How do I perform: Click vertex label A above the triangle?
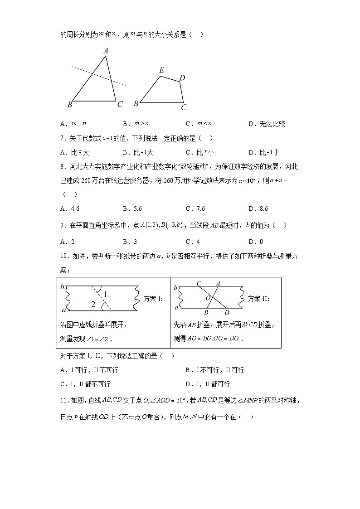[x=106, y=51]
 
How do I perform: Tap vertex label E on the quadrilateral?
[x=161, y=70]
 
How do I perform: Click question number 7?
[x=63, y=138]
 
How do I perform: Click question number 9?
[x=63, y=225]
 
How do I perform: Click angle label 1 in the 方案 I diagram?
[x=105, y=295]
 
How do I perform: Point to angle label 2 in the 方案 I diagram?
[x=93, y=304]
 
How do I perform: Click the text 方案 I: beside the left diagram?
[x=153, y=299]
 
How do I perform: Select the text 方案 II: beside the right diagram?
[x=259, y=299]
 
